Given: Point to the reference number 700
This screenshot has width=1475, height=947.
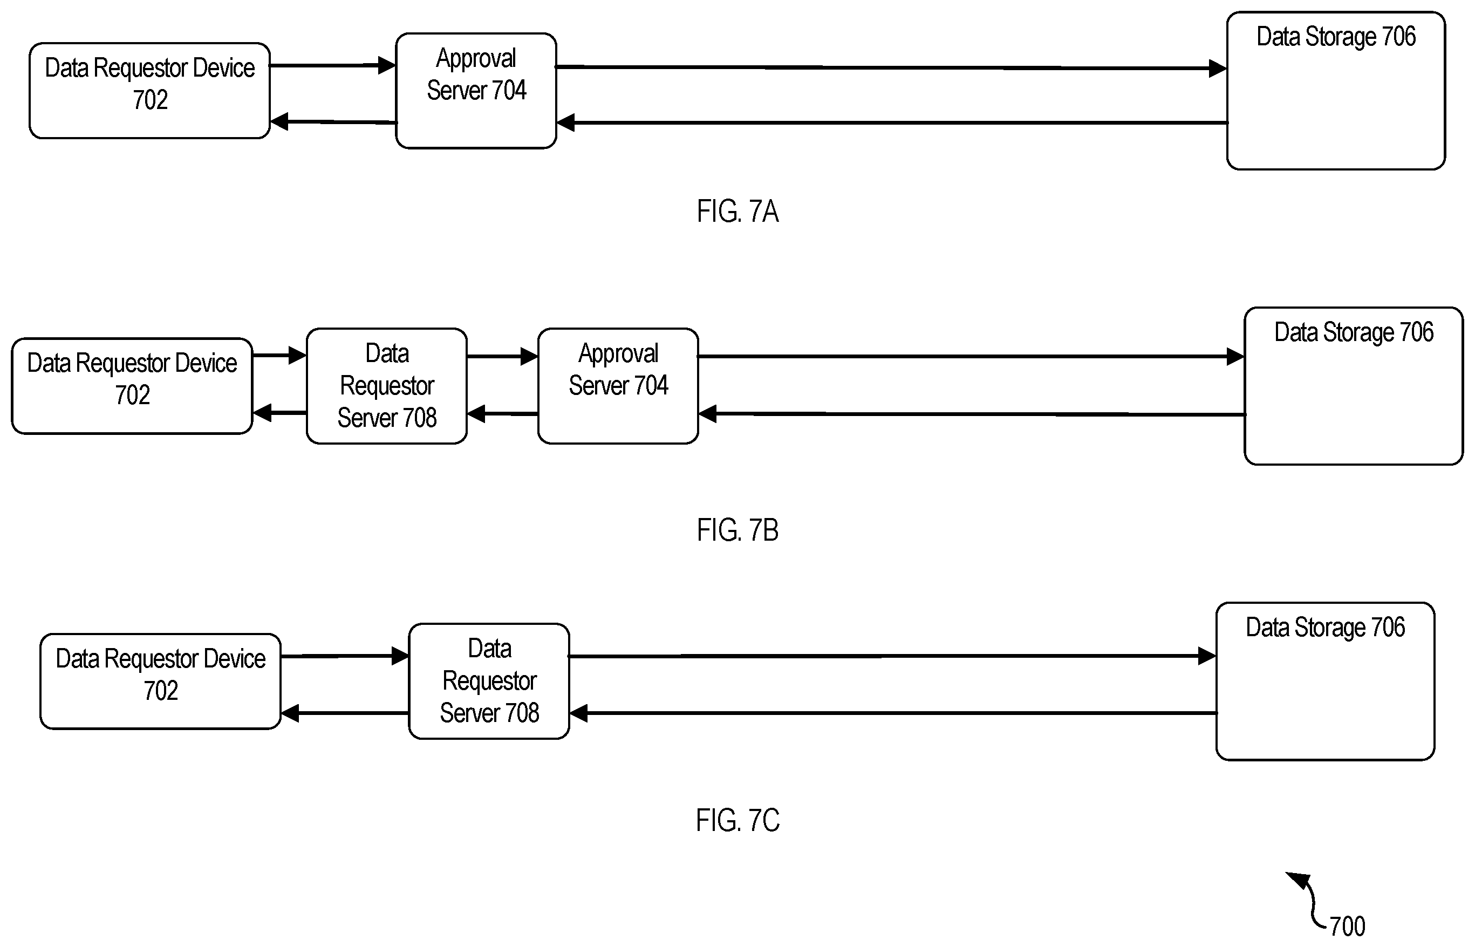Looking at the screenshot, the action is click(x=1347, y=926).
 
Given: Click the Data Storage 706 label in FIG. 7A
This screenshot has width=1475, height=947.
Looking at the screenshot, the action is click(x=1336, y=37).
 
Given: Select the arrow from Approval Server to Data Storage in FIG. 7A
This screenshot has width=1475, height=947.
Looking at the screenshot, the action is click(x=891, y=67).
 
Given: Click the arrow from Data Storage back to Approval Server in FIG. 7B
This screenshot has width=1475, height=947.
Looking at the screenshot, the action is click(x=972, y=414).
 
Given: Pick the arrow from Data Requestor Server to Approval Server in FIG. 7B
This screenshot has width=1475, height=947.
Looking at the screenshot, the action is click(x=502, y=356).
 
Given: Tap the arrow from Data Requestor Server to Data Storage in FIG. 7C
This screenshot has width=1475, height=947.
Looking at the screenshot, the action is click(x=893, y=656).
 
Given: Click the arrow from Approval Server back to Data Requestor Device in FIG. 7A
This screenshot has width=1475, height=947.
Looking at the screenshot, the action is click(x=333, y=122).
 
